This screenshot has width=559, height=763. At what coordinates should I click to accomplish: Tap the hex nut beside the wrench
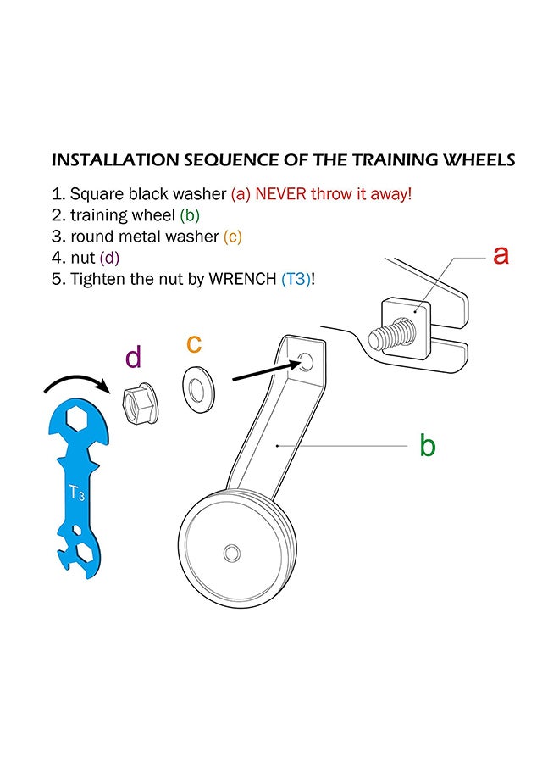pyautogui.click(x=137, y=403)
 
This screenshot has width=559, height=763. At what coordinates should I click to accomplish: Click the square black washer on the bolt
pyautogui.click(x=407, y=328)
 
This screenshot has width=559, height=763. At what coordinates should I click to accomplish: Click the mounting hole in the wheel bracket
pyautogui.click(x=306, y=361)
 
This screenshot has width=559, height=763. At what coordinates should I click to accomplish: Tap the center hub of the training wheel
pyautogui.click(x=231, y=554)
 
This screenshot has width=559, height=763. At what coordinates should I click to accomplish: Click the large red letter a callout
pyautogui.click(x=501, y=255)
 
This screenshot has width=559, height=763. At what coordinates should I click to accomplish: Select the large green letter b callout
pyautogui.click(x=427, y=445)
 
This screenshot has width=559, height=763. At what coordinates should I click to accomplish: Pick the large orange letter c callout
pyautogui.click(x=194, y=344)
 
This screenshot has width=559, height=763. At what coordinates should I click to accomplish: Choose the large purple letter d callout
pyautogui.click(x=133, y=357)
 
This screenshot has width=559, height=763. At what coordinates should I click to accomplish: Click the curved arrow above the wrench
pyautogui.click(x=76, y=383)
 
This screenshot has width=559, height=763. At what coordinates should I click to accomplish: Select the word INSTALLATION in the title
pyautogui.click(x=115, y=160)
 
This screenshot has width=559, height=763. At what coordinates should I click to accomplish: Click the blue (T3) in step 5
pyautogui.click(x=296, y=279)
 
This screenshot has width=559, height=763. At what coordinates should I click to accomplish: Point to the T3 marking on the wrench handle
pyautogui.click(x=76, y=493)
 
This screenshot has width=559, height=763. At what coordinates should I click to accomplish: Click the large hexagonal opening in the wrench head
pyautogui.click(x=77, y=419)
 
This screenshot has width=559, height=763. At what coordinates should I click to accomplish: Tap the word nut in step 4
pyautogui.click(x=83, y=258)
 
